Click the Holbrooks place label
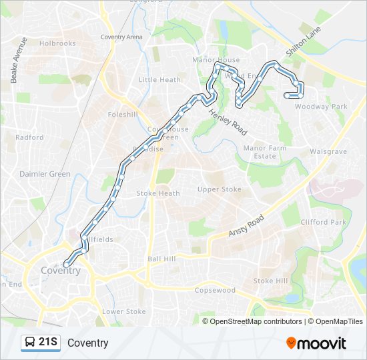click(57, 43)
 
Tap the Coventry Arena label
click(122, 37)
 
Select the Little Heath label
click(159, 80)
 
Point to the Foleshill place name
click(122, 114)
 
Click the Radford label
click(29, 137)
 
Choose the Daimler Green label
click(45, 174)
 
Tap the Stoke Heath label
click(158, 193)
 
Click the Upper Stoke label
click(219, 189)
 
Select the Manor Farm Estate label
click(260, 152)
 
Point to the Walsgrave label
click(328, 152)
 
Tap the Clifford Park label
click(324, 222)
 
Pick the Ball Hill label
click(161, 259)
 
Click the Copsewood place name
click(215, 291)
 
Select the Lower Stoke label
click(123, 311)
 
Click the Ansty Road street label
click(246, 225)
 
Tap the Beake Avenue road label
click(18, 60)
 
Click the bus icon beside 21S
click(30, 343)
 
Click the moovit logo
click(316, 343)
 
